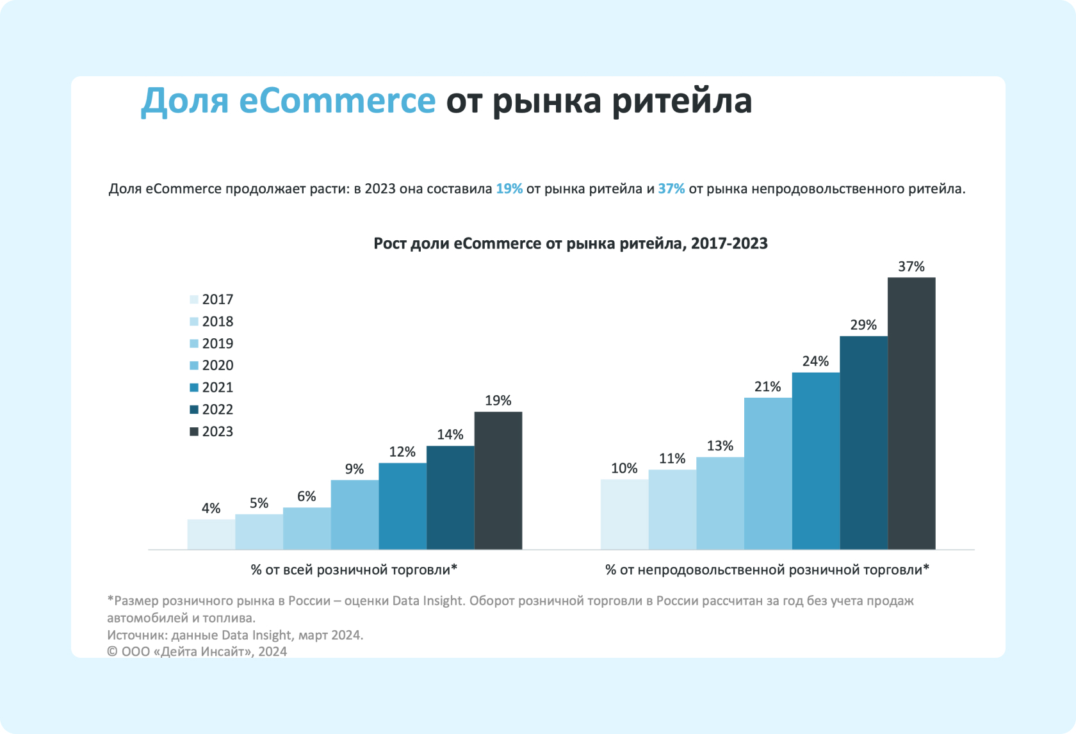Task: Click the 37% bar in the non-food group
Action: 911,413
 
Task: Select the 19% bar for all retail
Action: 498,480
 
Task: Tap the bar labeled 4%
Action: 211,534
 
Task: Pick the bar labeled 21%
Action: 768,473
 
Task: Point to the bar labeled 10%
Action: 624,514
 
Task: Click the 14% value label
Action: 450,435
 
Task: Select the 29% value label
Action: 863,325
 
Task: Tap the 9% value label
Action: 354,469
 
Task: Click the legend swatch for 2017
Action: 194,300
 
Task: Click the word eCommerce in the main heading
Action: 337,101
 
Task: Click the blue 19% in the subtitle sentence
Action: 509,189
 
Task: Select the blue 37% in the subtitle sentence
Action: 671,189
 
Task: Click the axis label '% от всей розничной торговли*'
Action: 354,570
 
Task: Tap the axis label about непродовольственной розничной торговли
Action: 767,570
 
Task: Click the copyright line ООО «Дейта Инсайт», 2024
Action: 197,651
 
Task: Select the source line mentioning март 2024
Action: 235,635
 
